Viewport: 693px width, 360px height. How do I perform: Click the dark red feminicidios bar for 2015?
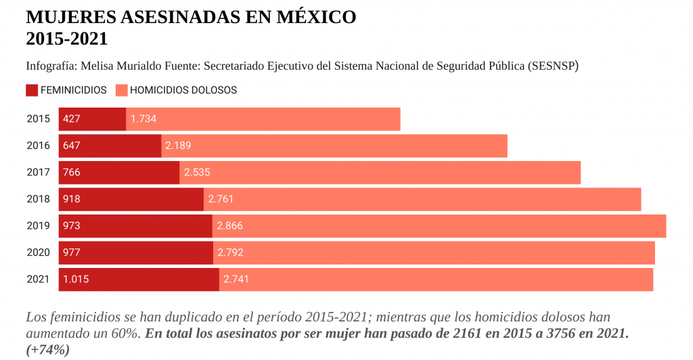[x=92, y=119]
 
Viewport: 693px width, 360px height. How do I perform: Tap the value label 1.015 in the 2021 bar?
[x=76, y=279]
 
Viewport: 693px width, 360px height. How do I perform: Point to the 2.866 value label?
[x=229, y=226]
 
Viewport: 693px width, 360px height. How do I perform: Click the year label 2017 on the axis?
[x=39, y=173]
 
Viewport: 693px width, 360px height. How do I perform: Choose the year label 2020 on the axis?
[x=39, y=252]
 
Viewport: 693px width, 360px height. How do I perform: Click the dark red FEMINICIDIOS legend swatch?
[x=32, y=90]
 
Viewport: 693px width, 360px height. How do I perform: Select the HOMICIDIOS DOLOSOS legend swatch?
[x=122, y=90]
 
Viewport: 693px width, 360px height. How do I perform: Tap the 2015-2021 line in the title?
[x=66, y=39]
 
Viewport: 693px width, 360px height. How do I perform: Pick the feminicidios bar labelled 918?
[x=131, y=199]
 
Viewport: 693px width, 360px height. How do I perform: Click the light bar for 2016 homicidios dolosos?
[x=334, y=145]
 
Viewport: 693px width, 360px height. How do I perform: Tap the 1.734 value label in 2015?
[x=143, y=119]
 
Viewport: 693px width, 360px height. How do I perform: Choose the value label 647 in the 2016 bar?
[x=72, y=145]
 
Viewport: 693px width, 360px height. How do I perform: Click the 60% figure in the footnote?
[x=127, y=334]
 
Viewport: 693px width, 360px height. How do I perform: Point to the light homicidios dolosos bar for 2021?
[x=436, y=279]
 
